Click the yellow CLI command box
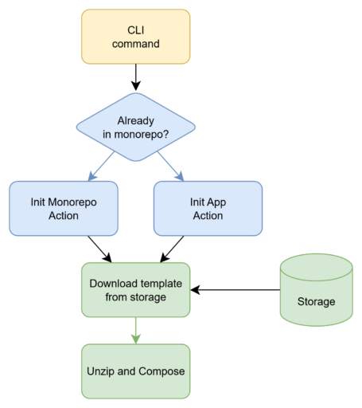click(136, 37)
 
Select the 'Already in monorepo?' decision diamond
click(136, 127)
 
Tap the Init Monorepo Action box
click(64, 209)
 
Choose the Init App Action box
click(208, 209)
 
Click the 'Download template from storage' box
click(136, 290)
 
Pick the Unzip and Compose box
click(136, 371)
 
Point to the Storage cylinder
click(317, 290)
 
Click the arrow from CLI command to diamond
click(136, 77)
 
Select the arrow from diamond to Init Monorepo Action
click(101, 166)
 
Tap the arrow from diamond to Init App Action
click(170, 166)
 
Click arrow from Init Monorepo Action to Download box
click(99, 249)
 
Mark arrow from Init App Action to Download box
click(172, 249)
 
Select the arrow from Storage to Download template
click(235, 290)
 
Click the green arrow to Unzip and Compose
click(136, 331)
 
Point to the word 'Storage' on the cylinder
click(316, 302)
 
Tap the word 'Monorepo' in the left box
click(72, 202)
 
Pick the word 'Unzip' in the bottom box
click(100, 371)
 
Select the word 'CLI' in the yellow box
click(136, 30)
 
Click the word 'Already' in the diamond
click(136, 121)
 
